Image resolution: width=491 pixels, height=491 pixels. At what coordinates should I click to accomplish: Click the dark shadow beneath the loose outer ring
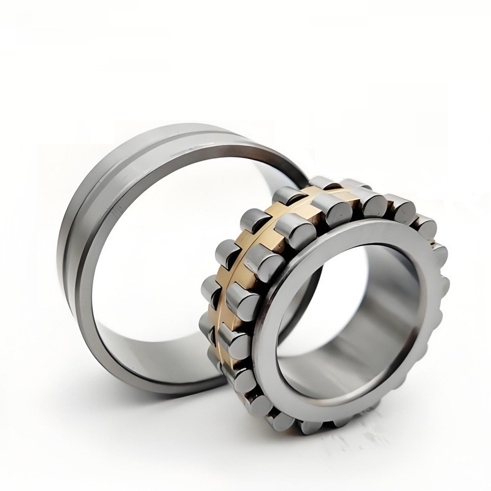coord(153,393)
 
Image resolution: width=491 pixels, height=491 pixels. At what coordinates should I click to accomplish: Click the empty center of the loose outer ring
coord(166,258)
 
